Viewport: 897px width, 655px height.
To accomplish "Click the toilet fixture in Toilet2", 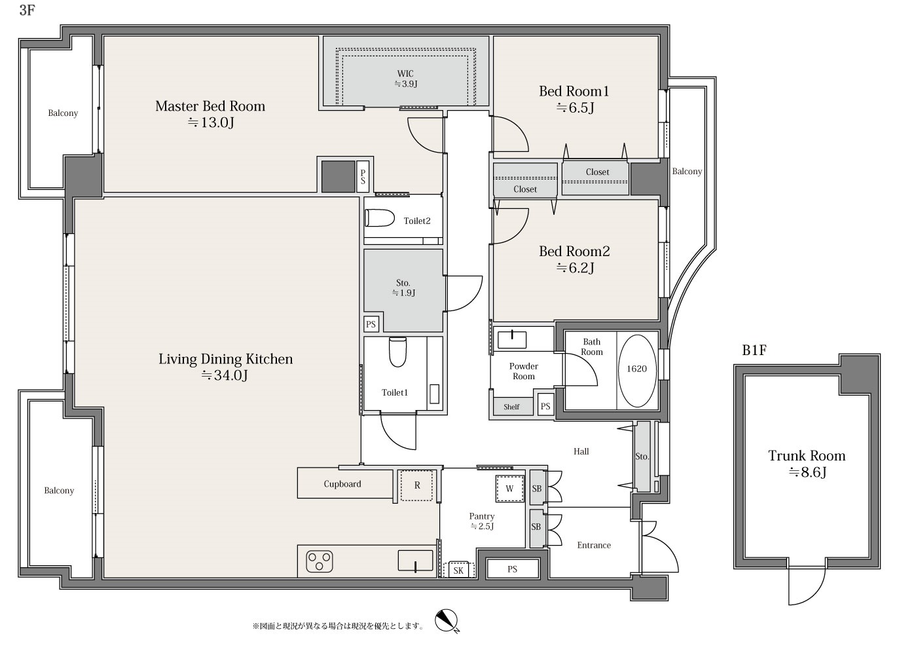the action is pyautogui.click(x=379, y=218).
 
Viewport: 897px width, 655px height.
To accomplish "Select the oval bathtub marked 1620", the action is pyautogui.click(x=636, y=371).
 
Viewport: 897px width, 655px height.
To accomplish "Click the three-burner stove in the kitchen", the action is pyautogui.click(x=319, y=561).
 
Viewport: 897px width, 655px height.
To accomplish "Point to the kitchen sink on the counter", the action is pyautogui.click(x=415, y=561).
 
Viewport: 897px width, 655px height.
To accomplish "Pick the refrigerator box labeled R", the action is pyautogui.click(x=417, y=485).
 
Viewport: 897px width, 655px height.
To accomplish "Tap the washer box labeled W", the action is pyautogui.click(x=510, y=489).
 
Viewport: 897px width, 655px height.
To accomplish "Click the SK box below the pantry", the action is pyautogui.click(x=458, y=570).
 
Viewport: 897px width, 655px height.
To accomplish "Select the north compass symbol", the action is pyautogui.click(x=446, y=620).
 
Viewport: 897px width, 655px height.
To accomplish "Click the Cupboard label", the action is pyautogui.click(x=342, y=484).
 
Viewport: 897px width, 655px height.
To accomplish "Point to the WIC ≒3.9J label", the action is pyautogui.click(x=406, y=79).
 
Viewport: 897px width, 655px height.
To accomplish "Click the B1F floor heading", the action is pyautogui.click(x=754, y=350).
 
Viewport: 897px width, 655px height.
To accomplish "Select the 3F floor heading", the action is pyautogui.click(x=27, y=10).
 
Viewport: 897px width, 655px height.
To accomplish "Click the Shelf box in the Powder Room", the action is pyautogui.click(x=512, y=407).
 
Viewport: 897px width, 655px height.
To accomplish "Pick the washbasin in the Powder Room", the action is pyautogui.click(x=512, y=339).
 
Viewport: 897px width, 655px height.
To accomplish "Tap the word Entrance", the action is pyautogui.click(x=594, y=545).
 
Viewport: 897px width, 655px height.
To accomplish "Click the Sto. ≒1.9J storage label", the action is pyautogui.click(x=403, y=288).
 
